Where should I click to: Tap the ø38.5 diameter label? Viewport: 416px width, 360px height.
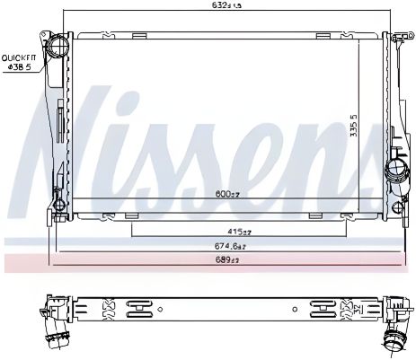19,66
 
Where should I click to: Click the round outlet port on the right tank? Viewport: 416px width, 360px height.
396,171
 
